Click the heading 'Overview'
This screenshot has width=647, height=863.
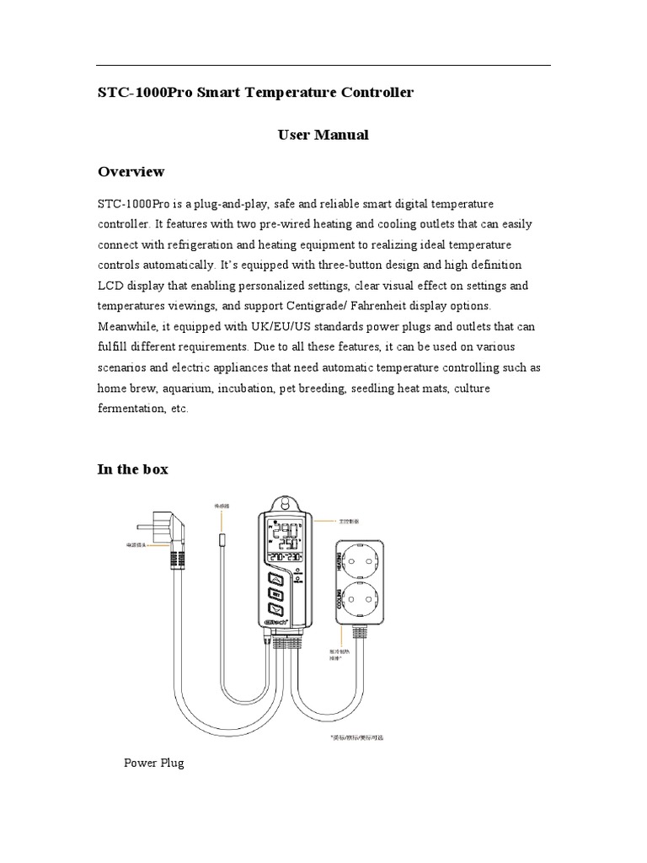tap(131, 172)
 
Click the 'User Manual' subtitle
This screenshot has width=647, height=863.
tap(323, 135)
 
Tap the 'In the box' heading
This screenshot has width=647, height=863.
tap(132, 469)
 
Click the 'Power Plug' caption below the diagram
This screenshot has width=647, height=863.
tap(153, 763)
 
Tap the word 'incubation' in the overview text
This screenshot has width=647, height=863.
tap(247, 389)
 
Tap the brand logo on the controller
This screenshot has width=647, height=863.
tap(276, 647)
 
